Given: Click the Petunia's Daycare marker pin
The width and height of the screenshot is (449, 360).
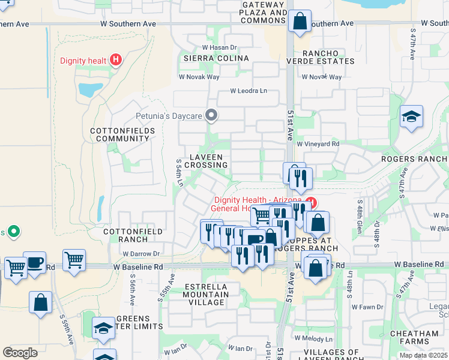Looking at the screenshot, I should point(211,114).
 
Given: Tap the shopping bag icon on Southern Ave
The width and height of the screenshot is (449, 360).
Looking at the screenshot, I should point(299,22).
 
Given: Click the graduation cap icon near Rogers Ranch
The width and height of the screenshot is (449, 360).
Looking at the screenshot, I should point(412,117).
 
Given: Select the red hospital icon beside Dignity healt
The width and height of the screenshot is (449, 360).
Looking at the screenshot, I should point(116,60).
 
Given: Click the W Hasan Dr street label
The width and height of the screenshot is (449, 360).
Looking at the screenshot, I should point(220,47).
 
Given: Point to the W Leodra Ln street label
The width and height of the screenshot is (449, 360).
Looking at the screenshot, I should point(249,92).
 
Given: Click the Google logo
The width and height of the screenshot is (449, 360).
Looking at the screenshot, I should point(20,353).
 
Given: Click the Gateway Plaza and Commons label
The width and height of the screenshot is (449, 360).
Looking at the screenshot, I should point(264,13).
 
